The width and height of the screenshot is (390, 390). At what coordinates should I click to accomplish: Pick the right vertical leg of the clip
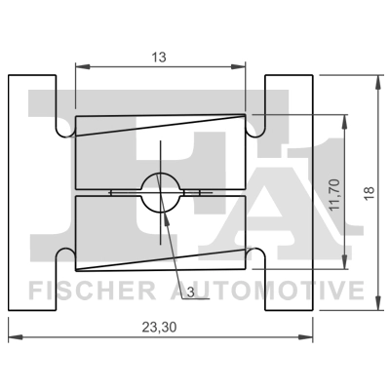[289, 191]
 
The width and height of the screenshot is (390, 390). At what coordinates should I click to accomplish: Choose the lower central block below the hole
[160, 232]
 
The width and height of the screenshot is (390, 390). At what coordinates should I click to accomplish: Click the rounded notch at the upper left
[64, 126]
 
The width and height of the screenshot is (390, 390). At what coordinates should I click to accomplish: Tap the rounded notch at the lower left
[64, 255]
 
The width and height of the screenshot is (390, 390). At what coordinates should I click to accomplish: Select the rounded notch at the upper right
[255, 126]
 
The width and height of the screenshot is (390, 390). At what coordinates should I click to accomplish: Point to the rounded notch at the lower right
[255, 255]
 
